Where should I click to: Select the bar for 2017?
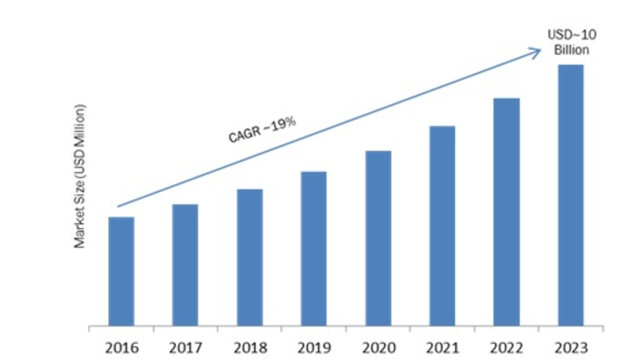point(184,264)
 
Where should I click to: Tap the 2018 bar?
point(250,257)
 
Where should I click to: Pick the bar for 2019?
point(313,248)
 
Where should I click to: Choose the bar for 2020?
point(378,237)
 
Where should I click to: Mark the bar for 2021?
point(442,225)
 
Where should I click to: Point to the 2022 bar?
point(506,211)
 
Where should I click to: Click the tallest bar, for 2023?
point(570,194)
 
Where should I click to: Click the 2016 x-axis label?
point(121,344)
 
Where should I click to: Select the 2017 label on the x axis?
point(184,344)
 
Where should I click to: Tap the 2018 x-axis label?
point(250,344)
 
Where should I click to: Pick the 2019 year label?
point(313,344)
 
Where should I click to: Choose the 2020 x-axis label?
point(378,344)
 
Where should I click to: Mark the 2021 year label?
point(442,344)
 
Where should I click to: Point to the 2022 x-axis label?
point(506,344)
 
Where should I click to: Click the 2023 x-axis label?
point(570,344)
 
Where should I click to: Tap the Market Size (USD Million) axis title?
point(80,175)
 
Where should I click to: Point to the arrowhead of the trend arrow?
point(537,51)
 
